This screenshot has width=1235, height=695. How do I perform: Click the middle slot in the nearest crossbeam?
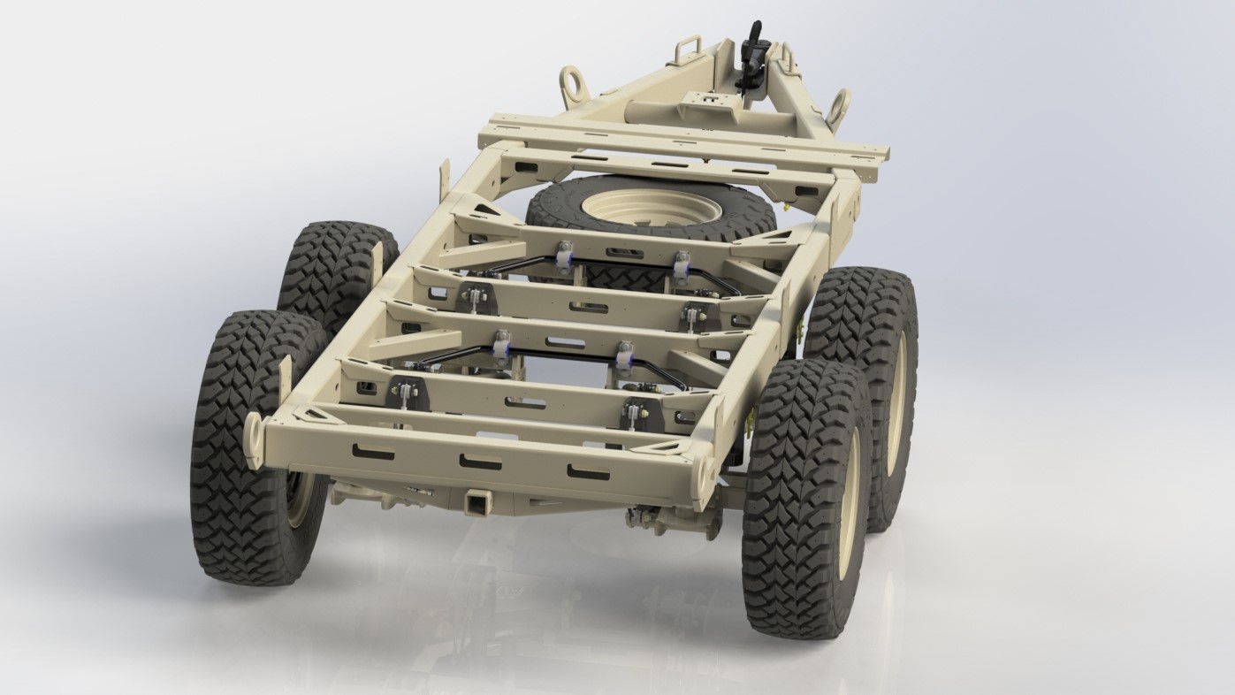[480, 462]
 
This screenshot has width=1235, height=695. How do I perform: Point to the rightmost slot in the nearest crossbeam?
[588, 472]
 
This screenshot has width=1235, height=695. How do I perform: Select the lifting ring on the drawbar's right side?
[836, 110]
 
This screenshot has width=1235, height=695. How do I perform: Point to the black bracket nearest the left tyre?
[404, 393]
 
